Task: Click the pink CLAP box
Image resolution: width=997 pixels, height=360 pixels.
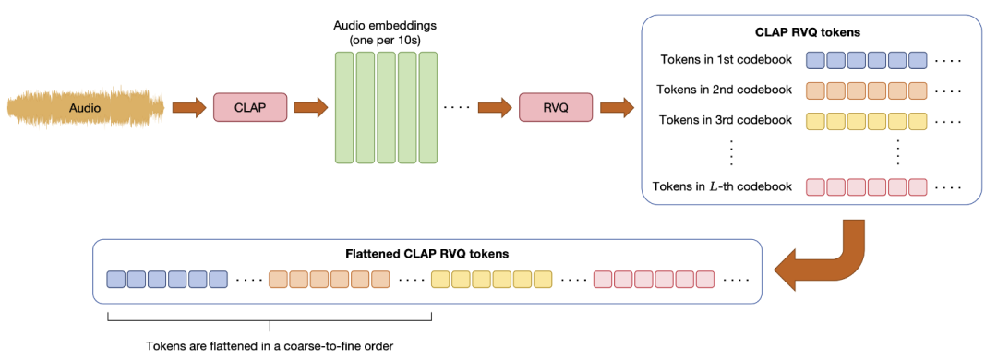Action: coord(250,108)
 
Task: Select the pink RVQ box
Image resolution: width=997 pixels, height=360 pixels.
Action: coord(555,108)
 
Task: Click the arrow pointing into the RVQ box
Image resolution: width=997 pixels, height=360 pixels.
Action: coord(495,108)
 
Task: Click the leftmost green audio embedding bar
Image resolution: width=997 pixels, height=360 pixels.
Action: coord(342,108)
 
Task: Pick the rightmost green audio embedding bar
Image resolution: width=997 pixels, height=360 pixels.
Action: coord(427,108)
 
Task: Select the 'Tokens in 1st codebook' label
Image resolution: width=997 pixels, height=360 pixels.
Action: coord(726,60)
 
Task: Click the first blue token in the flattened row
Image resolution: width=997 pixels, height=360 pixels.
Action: coord(115,278)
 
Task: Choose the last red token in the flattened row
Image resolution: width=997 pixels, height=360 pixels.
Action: coord(705,278)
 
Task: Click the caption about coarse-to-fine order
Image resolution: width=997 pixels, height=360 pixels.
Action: coord(270,346)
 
